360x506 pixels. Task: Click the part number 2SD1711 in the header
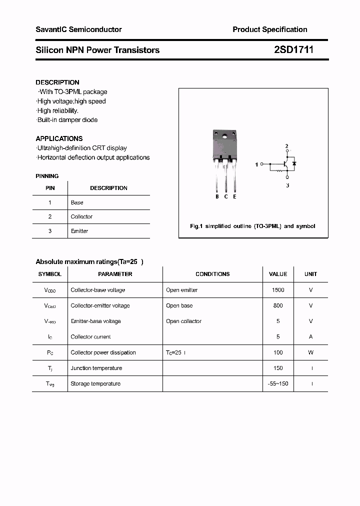(294, 50)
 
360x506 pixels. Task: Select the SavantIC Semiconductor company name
(78, 29)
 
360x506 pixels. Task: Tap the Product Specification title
(270, 29)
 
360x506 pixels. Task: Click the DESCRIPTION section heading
(57, 82)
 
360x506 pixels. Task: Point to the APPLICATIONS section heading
(59, 138)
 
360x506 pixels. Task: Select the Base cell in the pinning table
(77, 202)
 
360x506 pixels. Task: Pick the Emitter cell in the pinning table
(79, 231)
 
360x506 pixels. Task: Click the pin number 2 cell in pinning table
(50, 216)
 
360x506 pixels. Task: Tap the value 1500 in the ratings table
(278, 290)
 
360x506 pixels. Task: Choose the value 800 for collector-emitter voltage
(278, 305)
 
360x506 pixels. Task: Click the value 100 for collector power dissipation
(278, 352)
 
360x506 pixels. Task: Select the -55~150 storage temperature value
(278, 383)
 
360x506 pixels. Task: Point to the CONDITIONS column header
(212, 274)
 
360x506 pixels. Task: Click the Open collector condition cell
(183, 321)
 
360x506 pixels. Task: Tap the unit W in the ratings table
(310, 352)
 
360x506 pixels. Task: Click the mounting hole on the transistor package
(225, 135)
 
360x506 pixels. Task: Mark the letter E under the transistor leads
(234, 196)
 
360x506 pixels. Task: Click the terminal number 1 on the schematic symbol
(257, 164)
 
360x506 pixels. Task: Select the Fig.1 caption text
(252, 226)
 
